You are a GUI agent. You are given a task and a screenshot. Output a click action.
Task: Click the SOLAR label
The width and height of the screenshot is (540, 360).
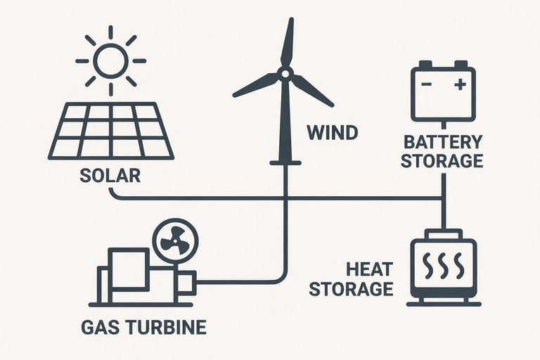pyautogui.click(x=110, y=175)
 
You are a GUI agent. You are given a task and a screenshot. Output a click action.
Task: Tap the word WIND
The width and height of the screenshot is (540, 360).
pyautogui.click(x=332, y=132)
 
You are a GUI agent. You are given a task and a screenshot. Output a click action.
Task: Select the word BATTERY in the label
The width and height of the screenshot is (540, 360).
pyautogui.click(x=442, y=141)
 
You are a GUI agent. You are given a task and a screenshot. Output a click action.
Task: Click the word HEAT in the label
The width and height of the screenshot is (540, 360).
pyautogui.click(x=368, y=269)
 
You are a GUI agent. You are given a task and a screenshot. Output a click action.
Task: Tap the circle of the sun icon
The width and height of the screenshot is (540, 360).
pyautogui.click(x=110, y=60)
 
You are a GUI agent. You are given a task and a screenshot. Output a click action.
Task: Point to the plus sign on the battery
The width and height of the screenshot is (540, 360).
pyautogui.click(x=460, y=85)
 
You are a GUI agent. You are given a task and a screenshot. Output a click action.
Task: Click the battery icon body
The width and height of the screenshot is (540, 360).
pyautogui.click(x=443, y=94)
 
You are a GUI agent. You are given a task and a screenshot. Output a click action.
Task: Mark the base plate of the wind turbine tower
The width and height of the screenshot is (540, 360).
pyautogui.click(x=285, y=163)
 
